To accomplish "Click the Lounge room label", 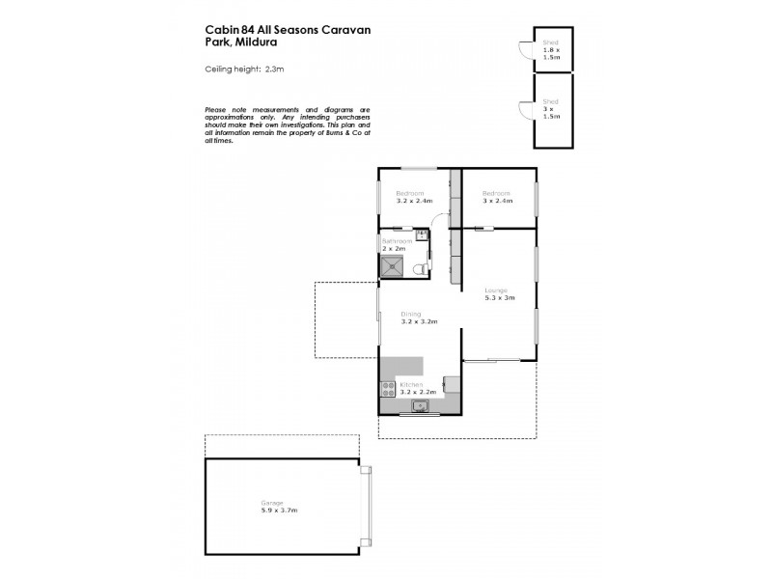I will coord(495,289).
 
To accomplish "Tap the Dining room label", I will coord(410,313).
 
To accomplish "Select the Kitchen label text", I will coord(411,384).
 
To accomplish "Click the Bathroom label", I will coord(398,240).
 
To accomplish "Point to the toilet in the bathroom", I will coord(418,269).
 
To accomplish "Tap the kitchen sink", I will coord(421,406).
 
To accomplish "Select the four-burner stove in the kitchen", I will coord(388,390).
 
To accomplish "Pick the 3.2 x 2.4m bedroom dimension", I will coord(414,202).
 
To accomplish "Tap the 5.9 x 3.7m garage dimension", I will coord(279,509).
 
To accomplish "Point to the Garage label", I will coord(272,502).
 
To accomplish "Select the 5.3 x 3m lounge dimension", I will coord(499,298).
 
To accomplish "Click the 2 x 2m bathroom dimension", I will coord(394,249).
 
